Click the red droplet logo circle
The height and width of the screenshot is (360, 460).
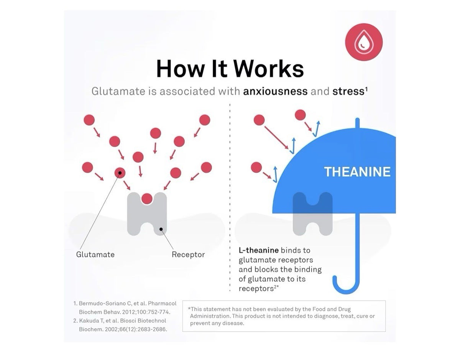[x=364, y=42]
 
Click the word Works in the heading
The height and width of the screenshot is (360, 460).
[x=268, y=69]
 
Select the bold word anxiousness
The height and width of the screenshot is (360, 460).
[x=275, y=91]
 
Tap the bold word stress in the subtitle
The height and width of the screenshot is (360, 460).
[x=348, y=91]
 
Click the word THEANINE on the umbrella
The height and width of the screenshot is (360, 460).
[x=357, y=172]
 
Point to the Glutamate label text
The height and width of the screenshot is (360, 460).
[x=95, y=255]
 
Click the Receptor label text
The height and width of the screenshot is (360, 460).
[x=188, y=255]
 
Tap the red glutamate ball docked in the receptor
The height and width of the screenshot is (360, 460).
[x=147, y=199]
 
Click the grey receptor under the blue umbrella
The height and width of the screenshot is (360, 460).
[x=312, y=214]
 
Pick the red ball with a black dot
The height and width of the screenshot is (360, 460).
[x=120, y=173]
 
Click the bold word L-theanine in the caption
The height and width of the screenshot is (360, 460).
[x=258, y=250]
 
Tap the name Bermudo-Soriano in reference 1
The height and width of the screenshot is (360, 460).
[x=103, y=303]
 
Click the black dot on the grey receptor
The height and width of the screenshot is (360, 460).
[x=161, y=229]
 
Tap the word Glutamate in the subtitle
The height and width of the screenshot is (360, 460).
[x=118, y=91]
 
